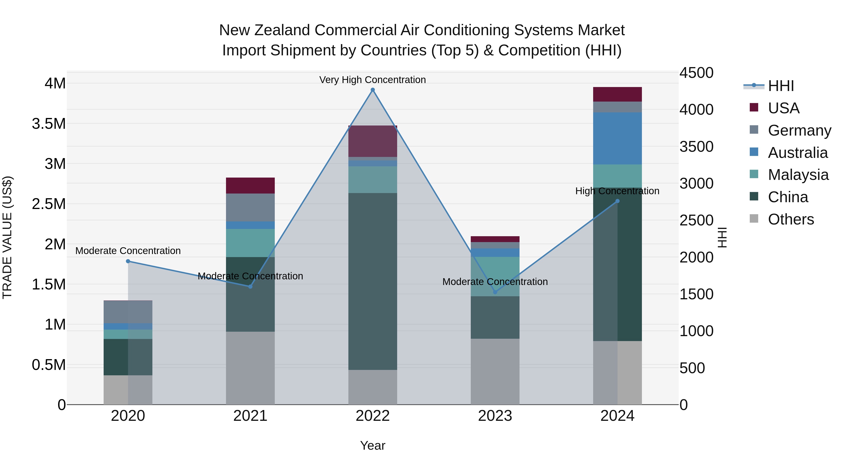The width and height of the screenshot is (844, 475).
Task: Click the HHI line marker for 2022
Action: (373, 90)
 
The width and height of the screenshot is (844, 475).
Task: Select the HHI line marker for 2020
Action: (128, 261)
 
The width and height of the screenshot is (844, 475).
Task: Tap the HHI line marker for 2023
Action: (495, 292)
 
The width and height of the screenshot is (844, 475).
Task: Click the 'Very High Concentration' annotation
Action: (373, 80)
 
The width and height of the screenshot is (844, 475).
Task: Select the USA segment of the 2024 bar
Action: (617, 94)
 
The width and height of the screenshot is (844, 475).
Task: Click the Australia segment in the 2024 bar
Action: (617, 138)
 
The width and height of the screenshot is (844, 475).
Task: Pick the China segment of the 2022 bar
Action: (373, 281)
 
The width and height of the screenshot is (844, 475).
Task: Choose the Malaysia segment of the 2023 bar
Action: (495, 276)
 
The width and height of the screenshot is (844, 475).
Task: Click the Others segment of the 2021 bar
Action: (250, 368)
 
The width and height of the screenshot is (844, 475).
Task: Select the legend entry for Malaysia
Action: (798, 175)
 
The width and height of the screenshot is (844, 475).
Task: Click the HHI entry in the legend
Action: (780, 86)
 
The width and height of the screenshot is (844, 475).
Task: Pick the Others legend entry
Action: (791, 219)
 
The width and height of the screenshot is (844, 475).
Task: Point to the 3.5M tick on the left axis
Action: (49, 124)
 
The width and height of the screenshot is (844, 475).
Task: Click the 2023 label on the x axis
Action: (495, 416)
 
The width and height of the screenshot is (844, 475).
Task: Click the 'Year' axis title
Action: (373, 445)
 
